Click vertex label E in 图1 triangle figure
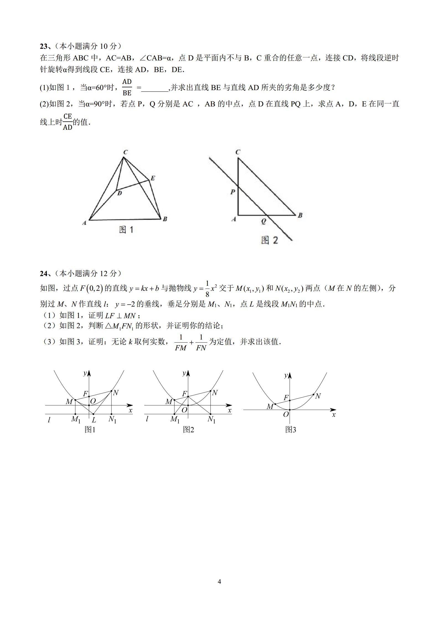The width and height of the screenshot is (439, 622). click(x=153, y=178)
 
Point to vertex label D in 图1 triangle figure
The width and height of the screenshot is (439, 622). click(x=120, y=193)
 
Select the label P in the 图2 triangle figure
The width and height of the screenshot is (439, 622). click(x=233, y=192)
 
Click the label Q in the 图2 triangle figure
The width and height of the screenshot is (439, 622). click(x=264, y=221)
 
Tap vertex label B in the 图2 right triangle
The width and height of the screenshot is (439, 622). click(x=300, y=215)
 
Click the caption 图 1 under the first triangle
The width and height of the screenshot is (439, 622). click(x=126, y=230)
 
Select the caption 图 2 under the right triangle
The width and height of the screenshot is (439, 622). click(x=269, y=240)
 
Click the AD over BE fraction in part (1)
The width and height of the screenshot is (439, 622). click(x=127, y=87)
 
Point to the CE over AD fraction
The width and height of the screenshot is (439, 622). click(x=68, y=122)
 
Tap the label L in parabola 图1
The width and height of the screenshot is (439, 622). click(x=94, y=420)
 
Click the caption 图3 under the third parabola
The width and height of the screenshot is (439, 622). click(x=291, y=430)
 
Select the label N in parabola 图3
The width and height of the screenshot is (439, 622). click(x=318, y=396)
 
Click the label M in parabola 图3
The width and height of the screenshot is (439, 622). click(x=270, y=406)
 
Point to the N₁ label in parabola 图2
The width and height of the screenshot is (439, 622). click(x=212, y=419)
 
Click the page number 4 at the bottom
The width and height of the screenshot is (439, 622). click(x=219, y=582)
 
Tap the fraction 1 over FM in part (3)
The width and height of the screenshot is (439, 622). click(x=181, y=343)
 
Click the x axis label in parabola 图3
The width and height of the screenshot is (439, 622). click(x=334, y=415)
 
